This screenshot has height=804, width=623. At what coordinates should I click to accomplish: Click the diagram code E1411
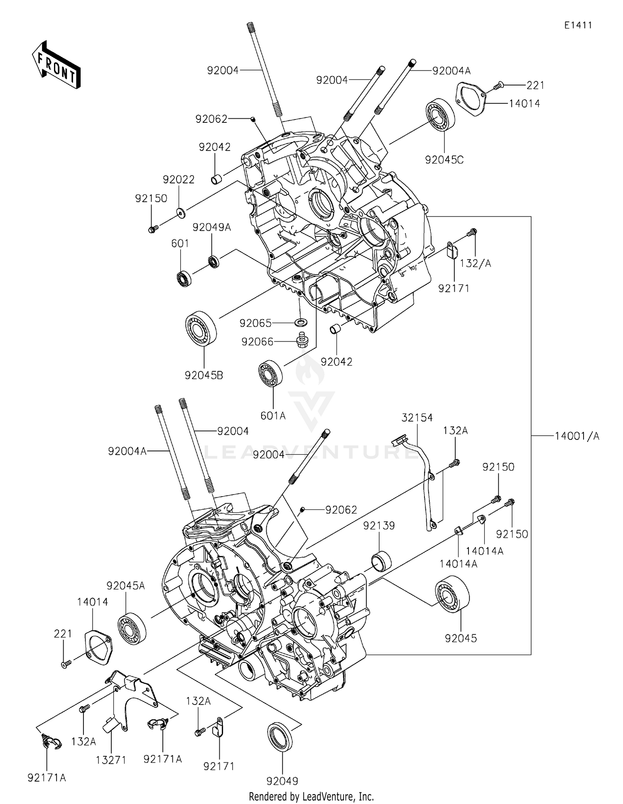(x=578, y=25)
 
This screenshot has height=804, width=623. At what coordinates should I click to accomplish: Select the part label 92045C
(x=444, y=160)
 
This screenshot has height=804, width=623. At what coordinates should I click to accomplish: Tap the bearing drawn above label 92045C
(x=440, y=115)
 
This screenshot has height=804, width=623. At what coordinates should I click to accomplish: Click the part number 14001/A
(x=577, y=436)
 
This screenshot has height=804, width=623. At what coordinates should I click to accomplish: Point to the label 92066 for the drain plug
(x=257, y=342)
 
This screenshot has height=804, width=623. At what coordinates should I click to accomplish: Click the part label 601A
(x=273, y=415)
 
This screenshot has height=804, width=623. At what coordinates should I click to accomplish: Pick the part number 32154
(x=417, y=418)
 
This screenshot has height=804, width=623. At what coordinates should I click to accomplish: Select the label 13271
(x=111, y=760)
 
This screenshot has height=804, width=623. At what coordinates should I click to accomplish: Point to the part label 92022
(x=179, y=180)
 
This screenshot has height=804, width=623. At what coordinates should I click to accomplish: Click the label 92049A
(x=211, y=227)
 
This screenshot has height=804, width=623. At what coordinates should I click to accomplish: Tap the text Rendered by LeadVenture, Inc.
(x=311, y=797)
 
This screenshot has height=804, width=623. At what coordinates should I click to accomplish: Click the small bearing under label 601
(x=183, y=278)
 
